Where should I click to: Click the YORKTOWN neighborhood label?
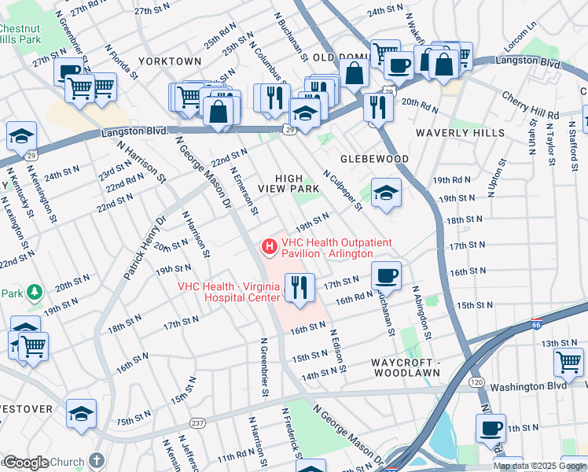170,61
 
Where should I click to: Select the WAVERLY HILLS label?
460,133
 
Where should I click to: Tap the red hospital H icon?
270,248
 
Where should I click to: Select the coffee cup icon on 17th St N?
385,275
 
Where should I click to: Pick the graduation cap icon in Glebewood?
385,192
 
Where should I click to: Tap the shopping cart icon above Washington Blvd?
568,362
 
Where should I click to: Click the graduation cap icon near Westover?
81,413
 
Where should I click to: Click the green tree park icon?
34,293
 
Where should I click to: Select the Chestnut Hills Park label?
20,32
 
